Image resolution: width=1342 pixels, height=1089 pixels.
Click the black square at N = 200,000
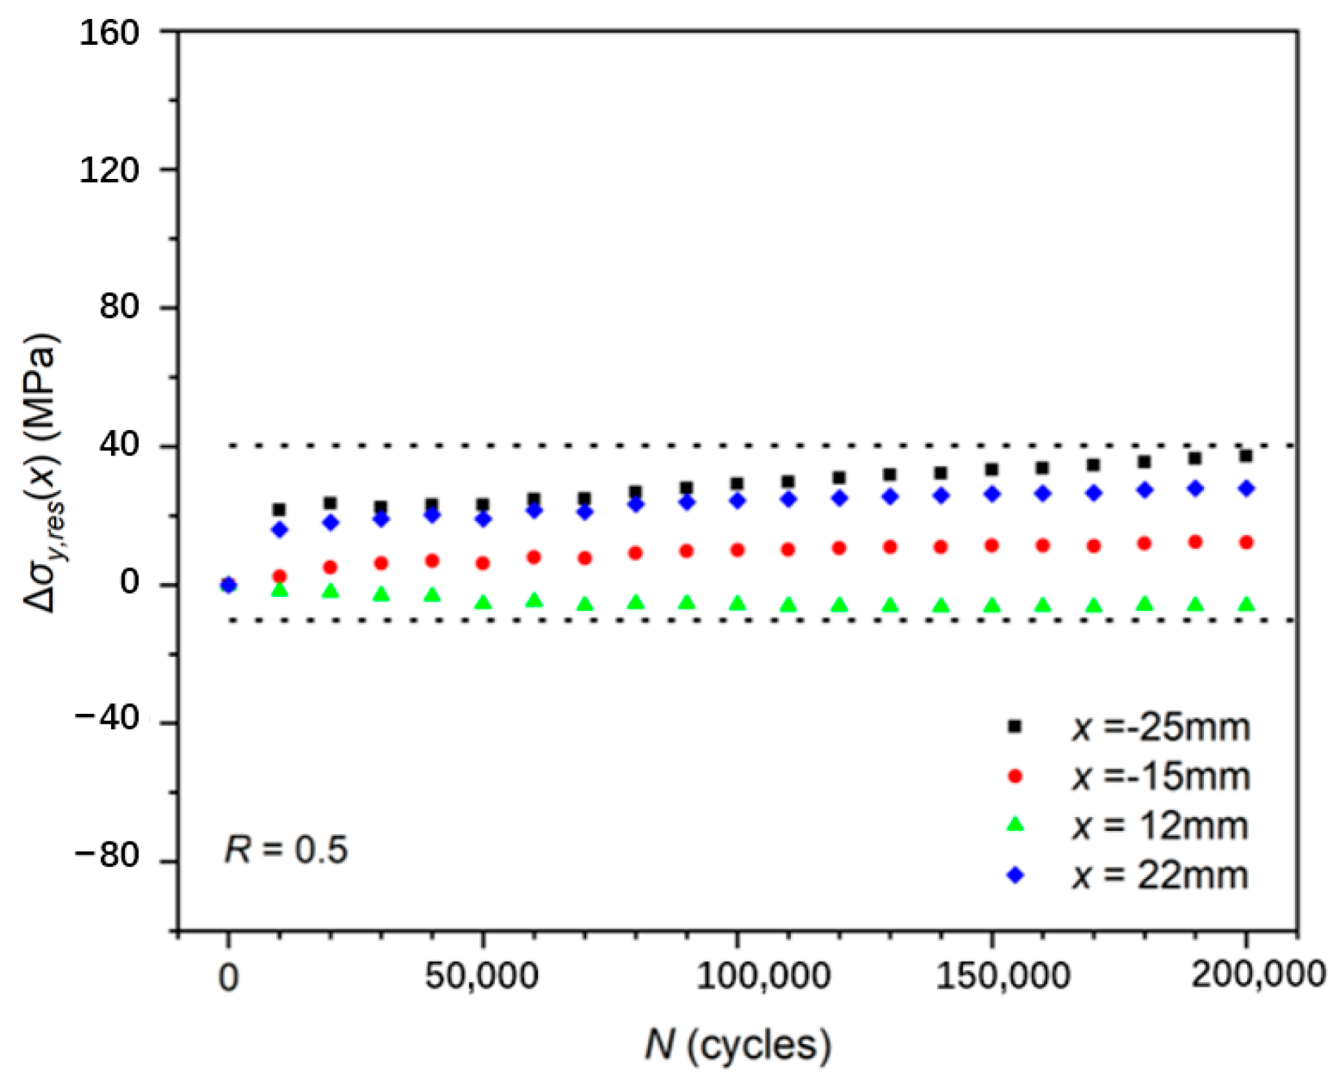1246,456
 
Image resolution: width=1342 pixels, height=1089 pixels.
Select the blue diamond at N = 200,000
1246,489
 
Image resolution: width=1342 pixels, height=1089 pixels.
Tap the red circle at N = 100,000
737,550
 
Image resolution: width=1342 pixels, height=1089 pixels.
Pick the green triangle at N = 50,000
483,602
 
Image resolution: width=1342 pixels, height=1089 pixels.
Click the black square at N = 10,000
280,510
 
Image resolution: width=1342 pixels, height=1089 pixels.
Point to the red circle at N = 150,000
991,545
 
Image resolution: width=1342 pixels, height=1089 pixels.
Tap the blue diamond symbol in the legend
1016,876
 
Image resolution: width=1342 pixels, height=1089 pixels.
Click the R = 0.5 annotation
285,849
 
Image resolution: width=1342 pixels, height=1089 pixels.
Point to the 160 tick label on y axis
110,32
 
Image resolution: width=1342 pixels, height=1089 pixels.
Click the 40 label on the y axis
120,446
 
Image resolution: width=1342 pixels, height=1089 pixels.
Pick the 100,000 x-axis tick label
763,976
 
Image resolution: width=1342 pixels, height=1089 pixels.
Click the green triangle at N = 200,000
1246,604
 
